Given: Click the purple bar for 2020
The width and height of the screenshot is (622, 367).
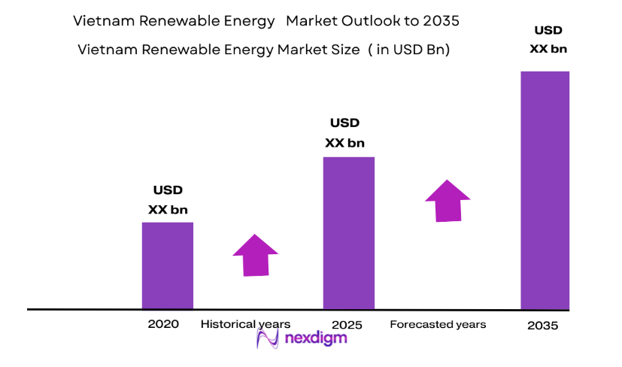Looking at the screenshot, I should click(168, 265).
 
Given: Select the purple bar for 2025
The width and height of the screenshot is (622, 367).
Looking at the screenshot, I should click(349, 233).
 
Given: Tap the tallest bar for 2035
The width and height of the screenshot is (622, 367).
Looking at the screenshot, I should click(545, 190).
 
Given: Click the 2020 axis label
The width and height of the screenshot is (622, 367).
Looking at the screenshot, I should click(163, 325).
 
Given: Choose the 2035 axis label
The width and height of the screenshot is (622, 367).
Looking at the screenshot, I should click(542, 326).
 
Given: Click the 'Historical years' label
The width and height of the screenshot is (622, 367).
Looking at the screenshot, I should click(245, 324).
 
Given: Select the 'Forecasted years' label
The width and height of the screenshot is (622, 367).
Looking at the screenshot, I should click(438, 324).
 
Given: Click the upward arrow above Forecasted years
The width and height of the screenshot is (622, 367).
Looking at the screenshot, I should click(448, 200).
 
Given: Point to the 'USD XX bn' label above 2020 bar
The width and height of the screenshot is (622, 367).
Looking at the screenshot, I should click(168, 200).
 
